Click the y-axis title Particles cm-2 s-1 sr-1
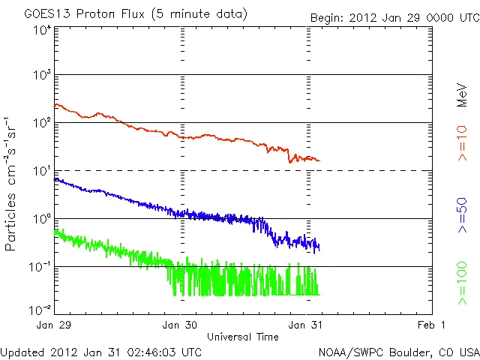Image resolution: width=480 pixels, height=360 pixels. pos(13,183)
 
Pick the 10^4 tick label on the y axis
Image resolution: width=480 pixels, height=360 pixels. pos(41,30)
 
